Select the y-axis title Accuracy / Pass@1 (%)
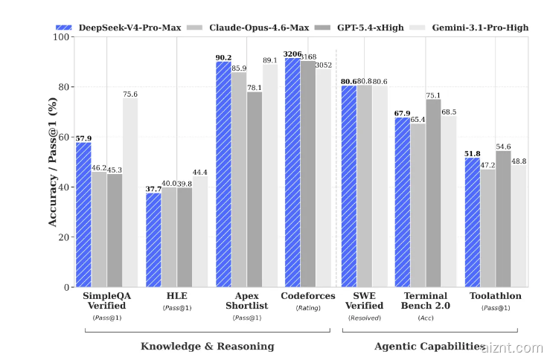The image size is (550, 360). pos(52,162)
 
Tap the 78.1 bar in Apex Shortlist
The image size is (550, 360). pos(255,190)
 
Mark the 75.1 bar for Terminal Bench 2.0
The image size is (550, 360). pos(433,193)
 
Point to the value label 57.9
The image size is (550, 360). pos(83,138)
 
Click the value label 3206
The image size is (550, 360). pos(292,54)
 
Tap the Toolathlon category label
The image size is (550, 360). pos(496,296)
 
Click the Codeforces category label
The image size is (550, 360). pos(308,296)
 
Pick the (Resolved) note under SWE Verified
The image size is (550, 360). pos(365,318)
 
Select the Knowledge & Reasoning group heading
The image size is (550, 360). pos(208,347)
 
